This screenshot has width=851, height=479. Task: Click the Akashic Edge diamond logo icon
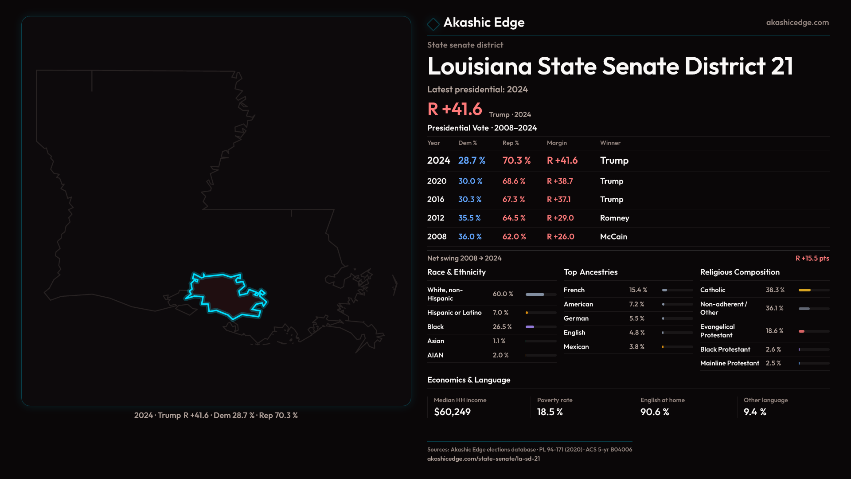click(x=433, y=24)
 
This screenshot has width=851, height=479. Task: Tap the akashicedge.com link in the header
click(x=797, y=23)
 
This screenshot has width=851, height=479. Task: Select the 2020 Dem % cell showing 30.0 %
click(x=470, y=181)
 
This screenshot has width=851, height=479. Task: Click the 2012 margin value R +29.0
click(x=560, y=218)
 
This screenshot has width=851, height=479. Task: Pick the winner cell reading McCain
click(x=613, y=237)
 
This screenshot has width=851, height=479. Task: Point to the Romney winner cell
click(x=614, y=218)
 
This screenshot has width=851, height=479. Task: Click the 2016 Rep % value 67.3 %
click(x=513, y=200)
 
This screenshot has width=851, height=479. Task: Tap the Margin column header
click(x=556, y=143)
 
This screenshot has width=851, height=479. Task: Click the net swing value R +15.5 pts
click(x=812, y=259)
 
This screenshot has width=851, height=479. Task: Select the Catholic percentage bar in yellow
click(x=804, y=290)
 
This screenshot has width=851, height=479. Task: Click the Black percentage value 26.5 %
click(x=502, y=327)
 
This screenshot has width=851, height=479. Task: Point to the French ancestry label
click(x=574, y=290)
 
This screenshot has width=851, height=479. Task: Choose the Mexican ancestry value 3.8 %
click(x=636, y=347)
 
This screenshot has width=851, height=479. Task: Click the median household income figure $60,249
click(x=452, y=412)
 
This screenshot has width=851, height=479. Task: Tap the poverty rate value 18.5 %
click(x=550, y=412)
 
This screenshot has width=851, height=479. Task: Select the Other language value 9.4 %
click(x=754, y=412)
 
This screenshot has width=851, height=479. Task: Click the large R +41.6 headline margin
click(x=454, y=109)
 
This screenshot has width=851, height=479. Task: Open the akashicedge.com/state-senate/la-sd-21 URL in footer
click(x=483, y=459)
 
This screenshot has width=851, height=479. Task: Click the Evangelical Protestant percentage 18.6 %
click(x=774, y=331)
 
